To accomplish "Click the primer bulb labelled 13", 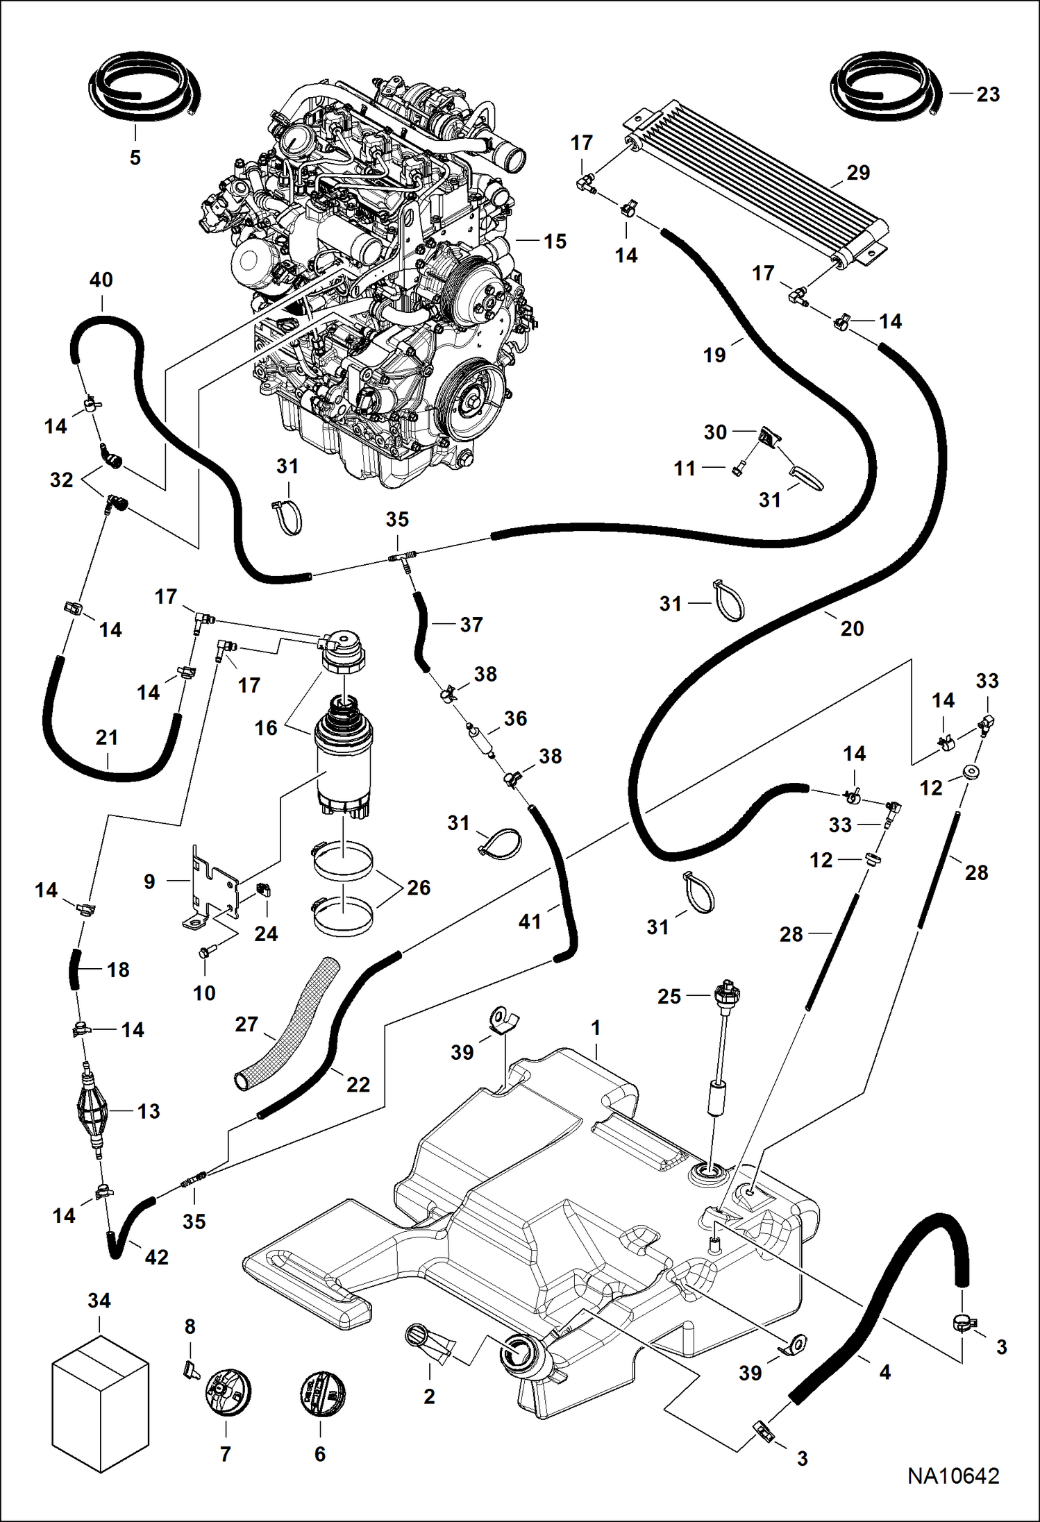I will (92, 1112).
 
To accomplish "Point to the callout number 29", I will (858, 172).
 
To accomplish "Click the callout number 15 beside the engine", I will (555, 241).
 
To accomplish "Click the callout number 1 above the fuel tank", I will (596, 1028).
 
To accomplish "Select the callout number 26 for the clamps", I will (419, 887).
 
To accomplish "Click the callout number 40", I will (101, 280).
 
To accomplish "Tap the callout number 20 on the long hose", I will (853, 628).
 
